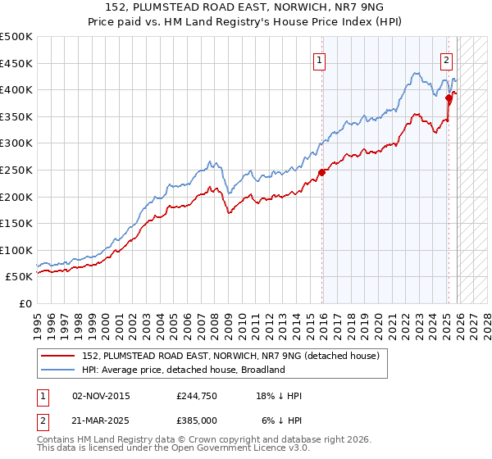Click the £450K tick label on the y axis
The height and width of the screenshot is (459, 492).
16,63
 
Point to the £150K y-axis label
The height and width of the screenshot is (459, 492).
16,223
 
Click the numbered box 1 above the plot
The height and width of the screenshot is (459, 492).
318,59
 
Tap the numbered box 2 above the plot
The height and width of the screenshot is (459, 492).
447,59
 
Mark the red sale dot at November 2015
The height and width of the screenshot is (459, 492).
321,172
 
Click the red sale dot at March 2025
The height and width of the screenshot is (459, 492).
449,98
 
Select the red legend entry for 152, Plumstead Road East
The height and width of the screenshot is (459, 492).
230,356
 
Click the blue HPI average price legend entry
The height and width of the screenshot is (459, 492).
183,370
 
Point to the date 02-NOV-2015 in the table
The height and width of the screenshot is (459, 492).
101,396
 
